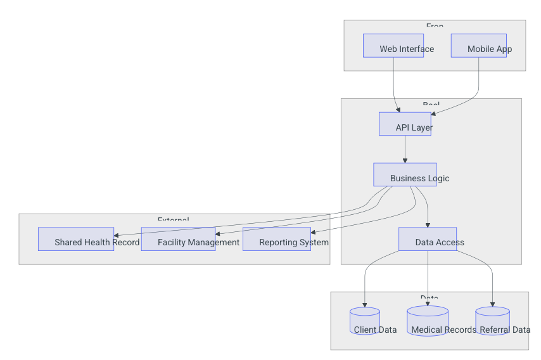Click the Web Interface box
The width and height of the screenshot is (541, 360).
click(x=393, y=46)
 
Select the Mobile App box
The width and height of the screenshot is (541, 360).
click(x=478, y=46)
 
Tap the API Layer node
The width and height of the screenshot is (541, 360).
click(x=405, y=124)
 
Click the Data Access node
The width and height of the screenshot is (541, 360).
click(x=428, y=239)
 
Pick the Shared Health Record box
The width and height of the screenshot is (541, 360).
click(x=76, y=239)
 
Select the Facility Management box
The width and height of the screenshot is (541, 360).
click(x=178, y=239)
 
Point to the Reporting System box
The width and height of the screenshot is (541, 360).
click(x=277, y=239)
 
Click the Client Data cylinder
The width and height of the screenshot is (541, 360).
click(x=365, y=321)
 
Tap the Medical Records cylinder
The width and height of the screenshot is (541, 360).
click(x=428, y=321)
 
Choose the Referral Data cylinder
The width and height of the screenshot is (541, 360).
click(x=492, y=321)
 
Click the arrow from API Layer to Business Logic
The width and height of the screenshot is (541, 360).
click(x=405, y=149)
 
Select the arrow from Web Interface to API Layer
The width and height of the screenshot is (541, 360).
click(x=394, y=82)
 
